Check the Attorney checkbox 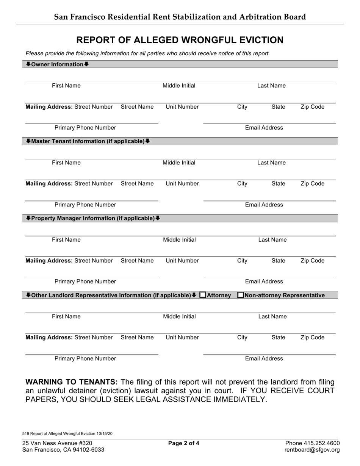click(203, 295)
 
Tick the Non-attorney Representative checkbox click(241, 295)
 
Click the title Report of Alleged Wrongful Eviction click(180, 40)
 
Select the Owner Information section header click(57, 64)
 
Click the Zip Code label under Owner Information click(312, 107)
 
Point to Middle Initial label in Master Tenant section click(179, 163)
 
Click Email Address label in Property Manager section click(264, 281)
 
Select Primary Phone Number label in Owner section click(85, 128)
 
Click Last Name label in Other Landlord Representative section click(272, 317)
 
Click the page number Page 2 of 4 click(184, 443)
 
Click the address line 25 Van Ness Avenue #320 click(57, 443)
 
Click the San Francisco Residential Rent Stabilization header click(180, 17)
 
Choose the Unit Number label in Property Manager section click(182, 261)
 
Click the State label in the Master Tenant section click(278, 184)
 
